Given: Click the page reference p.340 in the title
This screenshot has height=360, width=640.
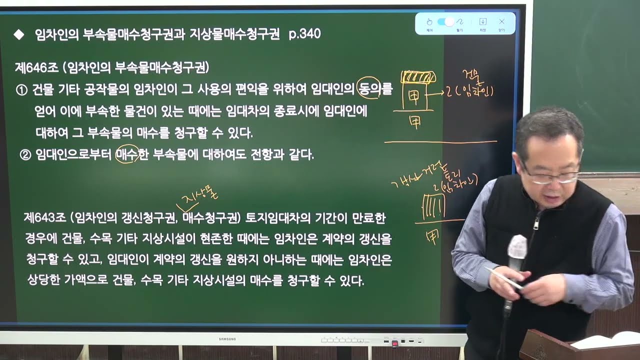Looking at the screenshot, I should coord(304,34).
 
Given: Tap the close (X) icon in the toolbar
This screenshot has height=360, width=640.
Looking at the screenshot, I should coord(501,21).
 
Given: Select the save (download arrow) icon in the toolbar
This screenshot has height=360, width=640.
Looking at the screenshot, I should coord(482,21).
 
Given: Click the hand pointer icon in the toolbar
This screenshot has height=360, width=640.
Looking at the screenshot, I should coord(429,21).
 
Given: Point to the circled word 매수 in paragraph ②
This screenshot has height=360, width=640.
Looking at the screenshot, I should coord(127,155).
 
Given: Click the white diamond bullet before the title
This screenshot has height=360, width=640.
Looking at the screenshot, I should coord(19,34).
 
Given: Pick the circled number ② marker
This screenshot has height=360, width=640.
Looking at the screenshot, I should coord(25,155).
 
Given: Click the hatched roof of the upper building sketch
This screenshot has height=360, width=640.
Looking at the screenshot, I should coord(418,77).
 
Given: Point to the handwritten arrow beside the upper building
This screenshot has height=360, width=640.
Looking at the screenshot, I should coord(437,93).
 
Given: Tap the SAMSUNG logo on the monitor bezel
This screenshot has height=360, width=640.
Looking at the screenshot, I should coord(227,339).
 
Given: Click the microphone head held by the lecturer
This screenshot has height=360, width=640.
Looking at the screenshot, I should coord(517,247).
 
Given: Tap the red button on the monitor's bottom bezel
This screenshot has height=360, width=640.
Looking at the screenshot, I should coord(395,343).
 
